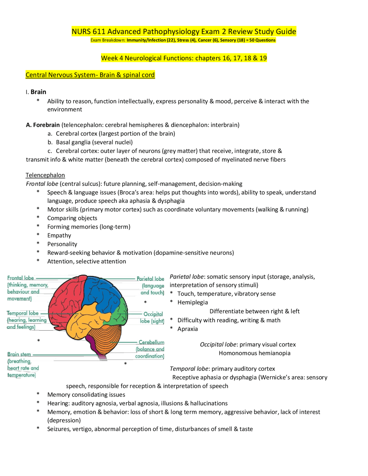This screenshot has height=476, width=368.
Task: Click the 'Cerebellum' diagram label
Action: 151,342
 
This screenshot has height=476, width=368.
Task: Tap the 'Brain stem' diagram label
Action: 19,354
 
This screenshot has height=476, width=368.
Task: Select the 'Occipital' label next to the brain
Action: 153,314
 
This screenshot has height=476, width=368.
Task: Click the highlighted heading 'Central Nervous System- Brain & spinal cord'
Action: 90,75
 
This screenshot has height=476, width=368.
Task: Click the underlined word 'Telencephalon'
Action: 45,175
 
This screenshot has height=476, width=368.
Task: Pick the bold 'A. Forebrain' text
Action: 43,125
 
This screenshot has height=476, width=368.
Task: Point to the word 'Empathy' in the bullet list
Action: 59,235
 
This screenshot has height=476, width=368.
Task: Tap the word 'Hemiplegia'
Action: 193,302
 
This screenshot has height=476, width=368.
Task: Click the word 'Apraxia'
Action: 187,329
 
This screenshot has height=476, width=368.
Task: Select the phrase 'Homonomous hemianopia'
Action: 254,353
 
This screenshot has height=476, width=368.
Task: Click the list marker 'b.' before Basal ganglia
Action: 50,142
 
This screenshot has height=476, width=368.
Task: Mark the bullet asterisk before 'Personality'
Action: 38,243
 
